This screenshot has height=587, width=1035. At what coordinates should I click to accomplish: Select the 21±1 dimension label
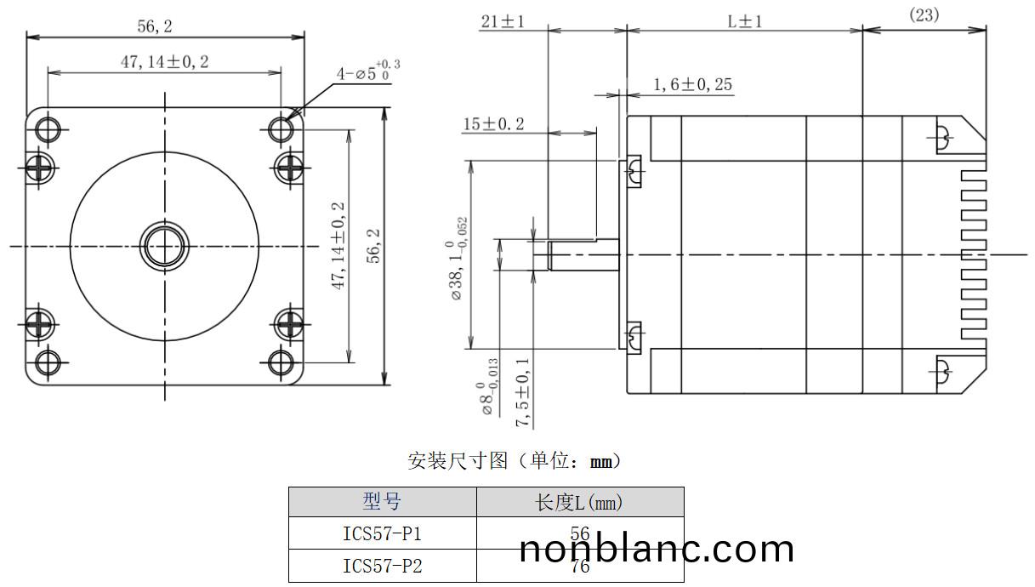click(x=503, y=21)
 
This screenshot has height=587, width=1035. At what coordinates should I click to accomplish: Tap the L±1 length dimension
click(x=744, y=21)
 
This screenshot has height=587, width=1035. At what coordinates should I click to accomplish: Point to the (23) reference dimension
click(x=924, y=15)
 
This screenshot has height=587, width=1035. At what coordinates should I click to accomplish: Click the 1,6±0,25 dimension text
click(x=692, y=84)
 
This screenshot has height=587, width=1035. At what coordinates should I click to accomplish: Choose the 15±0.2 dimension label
click(x=493, y=124)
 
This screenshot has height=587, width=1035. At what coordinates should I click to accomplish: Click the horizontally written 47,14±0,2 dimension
click(x=164, y=61)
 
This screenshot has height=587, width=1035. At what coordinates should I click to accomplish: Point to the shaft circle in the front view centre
click(x=163, y=246)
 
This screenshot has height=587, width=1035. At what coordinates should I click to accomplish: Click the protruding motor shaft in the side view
click(x=583, y=254)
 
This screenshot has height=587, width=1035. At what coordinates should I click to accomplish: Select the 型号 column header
click(x=382, y=502)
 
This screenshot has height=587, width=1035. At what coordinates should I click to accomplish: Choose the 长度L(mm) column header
click(x=579, y=502)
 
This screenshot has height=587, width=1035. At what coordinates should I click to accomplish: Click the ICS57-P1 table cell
click(x=382, y=533)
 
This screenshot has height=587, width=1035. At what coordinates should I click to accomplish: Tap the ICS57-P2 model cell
click(x=382, y=566)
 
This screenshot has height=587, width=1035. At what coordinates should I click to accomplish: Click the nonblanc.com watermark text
click(x=657, y=549)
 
